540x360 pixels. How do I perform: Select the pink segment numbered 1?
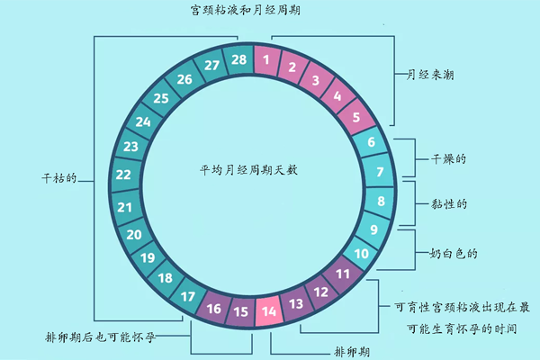coord(266,60)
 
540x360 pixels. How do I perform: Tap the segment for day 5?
coord(356,116)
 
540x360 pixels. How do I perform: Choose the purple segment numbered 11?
coord(342,274)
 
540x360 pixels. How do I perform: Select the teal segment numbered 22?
coord(123,175)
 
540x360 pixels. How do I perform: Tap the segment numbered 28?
coord(238,60)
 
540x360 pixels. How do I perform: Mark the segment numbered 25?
coord(161,99)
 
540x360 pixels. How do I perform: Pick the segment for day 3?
coord(315,80)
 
